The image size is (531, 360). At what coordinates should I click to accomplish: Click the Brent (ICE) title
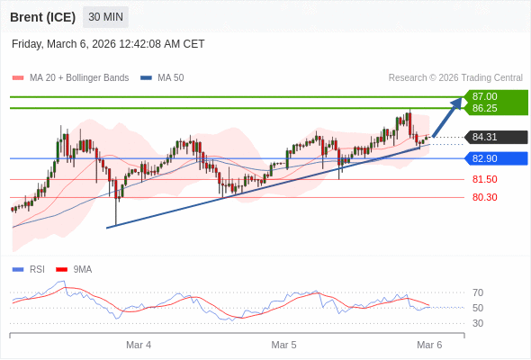(x=42, y=17)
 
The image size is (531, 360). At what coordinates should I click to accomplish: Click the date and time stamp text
(x=108, y=44)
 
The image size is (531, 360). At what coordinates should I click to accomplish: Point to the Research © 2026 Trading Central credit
(x=454, y=78)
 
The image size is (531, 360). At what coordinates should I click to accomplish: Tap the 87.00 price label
(x=485, y=96)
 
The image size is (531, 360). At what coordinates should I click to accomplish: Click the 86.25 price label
(x=485, y=108)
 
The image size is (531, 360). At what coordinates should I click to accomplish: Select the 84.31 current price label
(x=485, y=138)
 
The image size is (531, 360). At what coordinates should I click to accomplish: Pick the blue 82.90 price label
(x=485, y=158)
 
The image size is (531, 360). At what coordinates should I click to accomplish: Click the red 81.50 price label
(x=484, y=179)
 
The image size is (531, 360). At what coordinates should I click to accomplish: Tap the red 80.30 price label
(x=484, y=197)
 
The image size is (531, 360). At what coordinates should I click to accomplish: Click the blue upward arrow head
(x=456, y=103)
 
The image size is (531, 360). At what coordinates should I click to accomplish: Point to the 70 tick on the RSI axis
(x=478, y=292)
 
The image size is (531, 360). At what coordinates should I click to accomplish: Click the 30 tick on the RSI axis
(x=478, y=323)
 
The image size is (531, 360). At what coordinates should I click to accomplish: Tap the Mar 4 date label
(x=139, y=345)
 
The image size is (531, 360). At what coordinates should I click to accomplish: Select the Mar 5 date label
(x=283, y=345)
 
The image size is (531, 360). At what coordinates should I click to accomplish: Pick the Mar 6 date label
(x=429, y=345)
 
